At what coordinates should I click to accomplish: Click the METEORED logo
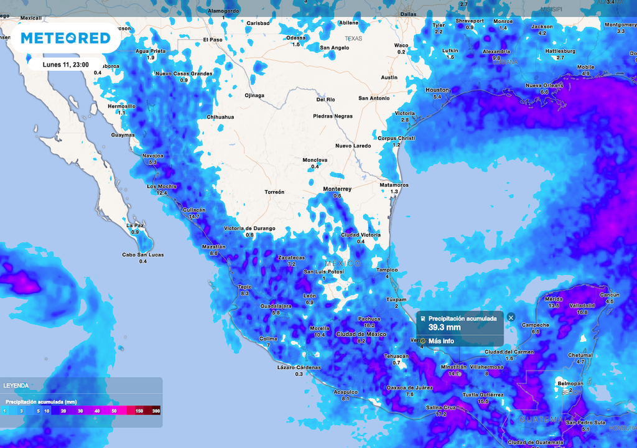pos(65,38)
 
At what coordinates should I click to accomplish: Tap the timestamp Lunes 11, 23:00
pos(65,64)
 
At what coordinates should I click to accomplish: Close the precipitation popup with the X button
pos(511,317)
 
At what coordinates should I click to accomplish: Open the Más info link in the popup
pos(441,341)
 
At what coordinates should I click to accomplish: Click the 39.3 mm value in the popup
pos(444,327)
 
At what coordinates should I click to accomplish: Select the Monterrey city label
pos(337,189)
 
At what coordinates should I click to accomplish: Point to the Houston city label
pos(437,90)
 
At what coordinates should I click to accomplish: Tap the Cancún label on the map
pos(609,295)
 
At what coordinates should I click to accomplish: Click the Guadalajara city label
pos(276,306)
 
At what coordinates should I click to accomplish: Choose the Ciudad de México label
pos(361,334)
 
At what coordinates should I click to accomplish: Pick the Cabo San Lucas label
pos(142,254)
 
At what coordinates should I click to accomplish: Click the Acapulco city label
pos(346,392)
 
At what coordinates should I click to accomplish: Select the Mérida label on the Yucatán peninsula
pos(553,299)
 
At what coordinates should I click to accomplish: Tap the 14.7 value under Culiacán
pos(195,217)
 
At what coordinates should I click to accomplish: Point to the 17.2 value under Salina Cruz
pos(441,414)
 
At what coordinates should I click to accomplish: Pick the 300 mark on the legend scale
pos(156,411)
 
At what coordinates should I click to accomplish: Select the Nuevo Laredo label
pos(353,146)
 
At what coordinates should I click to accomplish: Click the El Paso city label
pos(213,40)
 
